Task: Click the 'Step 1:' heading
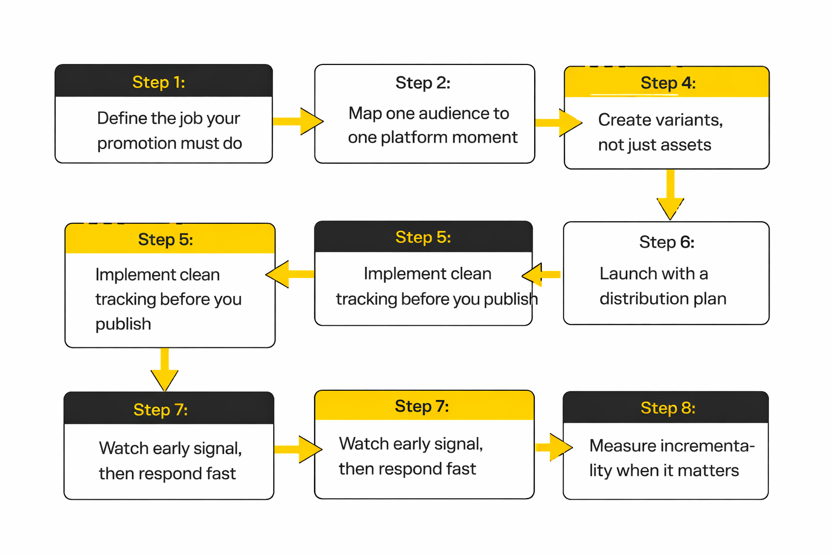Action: pyautogui.click(x=158, y=82)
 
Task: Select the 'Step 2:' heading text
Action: pyautogui.click(x=422, y=82)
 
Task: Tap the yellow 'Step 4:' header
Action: pyautogui.click(x=668, y=82)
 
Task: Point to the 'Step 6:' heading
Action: pyautogui.click(x=667, y=242)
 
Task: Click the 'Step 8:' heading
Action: pyautogui.click(x=668, y=408)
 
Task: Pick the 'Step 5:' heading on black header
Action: pyautogui.click(x=423, y=237)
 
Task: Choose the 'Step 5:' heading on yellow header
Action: pyautogui.click(x=165, y=239)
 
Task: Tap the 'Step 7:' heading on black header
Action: pyautogui.click(x=161, y=409)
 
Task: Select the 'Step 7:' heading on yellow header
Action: pyautogui.click(x=422, y=406)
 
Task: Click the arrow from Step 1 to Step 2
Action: pyautogui.click(x=297, y=121)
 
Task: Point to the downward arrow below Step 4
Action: pyautogui.click(x=670, y=195)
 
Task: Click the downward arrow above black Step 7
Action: pyautogui.click(x=164, y=370)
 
